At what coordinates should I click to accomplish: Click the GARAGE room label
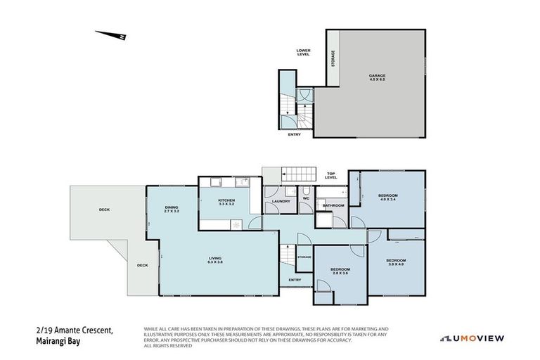pos(377,77)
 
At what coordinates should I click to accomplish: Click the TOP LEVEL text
pos(331,176)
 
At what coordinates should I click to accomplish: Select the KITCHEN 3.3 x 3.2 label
pos(226,202)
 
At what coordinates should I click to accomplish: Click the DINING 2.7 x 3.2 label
pos(172,209)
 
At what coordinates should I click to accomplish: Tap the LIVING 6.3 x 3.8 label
pos(215,260)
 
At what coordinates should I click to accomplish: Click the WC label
pos(306,198)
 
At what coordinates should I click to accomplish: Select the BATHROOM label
pos(333,205)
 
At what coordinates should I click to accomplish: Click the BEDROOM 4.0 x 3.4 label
pos(387,197)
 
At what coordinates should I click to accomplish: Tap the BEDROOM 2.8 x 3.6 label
pos(340,271)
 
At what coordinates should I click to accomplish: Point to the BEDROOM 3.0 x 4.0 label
pos(396,262)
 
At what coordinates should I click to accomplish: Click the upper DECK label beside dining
pos(104,210)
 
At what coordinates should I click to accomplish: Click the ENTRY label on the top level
pos(294,280)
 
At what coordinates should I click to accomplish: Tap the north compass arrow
pos(111,34)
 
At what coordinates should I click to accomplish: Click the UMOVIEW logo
pos(472,338)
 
